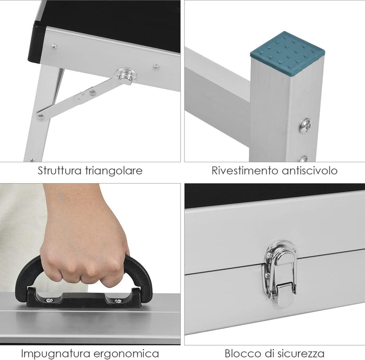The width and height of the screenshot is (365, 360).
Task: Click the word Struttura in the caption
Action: [x=59, y=171]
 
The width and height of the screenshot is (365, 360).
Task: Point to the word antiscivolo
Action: [x=310, y=171]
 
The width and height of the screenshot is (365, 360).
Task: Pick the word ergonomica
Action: [x=126, y=354]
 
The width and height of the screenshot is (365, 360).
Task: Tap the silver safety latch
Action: [x=280, y=273]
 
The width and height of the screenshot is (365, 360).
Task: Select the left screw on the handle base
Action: [x=50, y=301]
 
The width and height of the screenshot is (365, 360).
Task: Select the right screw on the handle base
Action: [x=118, y=301]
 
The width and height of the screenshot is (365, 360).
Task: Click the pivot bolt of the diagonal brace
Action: [x=126, y=76]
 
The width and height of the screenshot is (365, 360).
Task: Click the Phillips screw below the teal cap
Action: [x=306, y=126]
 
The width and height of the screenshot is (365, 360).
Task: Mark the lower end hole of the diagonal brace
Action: [x=40, y=116]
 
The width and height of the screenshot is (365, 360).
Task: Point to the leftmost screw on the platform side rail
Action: [x=54, y=46]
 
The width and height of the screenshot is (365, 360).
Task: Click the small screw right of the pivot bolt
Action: [x=156, y=67]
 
